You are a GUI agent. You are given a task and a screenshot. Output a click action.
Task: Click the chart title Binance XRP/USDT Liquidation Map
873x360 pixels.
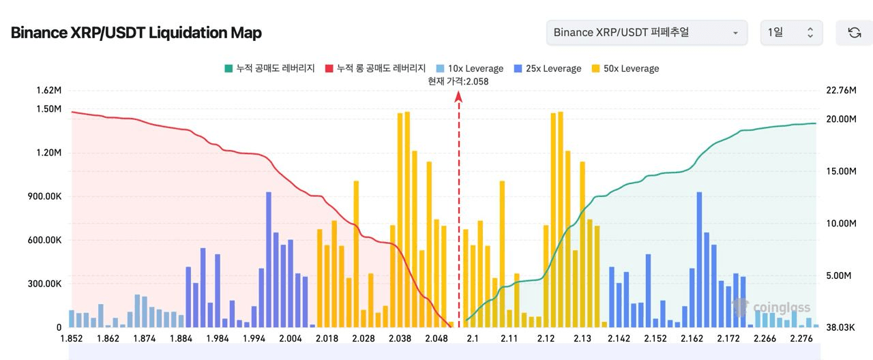(136, 33)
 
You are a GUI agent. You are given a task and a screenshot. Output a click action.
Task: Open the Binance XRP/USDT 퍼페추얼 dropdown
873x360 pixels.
(646, 33)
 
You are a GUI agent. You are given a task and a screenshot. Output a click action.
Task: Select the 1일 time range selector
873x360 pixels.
(791, 33)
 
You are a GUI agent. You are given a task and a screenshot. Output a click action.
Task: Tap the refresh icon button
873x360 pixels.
(854, 33)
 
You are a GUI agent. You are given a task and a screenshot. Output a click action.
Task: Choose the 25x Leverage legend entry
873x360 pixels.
(547, 68)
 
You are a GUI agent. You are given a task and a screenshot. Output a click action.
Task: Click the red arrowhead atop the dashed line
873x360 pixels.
(458, 97)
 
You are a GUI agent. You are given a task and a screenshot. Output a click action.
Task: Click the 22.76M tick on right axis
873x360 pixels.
(840, 90)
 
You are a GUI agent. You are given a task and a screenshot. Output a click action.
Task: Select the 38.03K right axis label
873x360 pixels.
(840, 327)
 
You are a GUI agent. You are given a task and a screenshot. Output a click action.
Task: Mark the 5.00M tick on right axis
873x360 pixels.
(840, 275)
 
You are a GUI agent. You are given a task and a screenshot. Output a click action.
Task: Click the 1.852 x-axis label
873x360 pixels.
(71, 338)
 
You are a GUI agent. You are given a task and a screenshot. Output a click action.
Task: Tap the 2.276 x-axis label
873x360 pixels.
(801, 338)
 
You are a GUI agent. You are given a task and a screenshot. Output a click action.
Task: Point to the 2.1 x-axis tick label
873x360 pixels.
(472, 338)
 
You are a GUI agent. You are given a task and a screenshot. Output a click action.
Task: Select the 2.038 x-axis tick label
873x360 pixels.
(400, 338)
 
